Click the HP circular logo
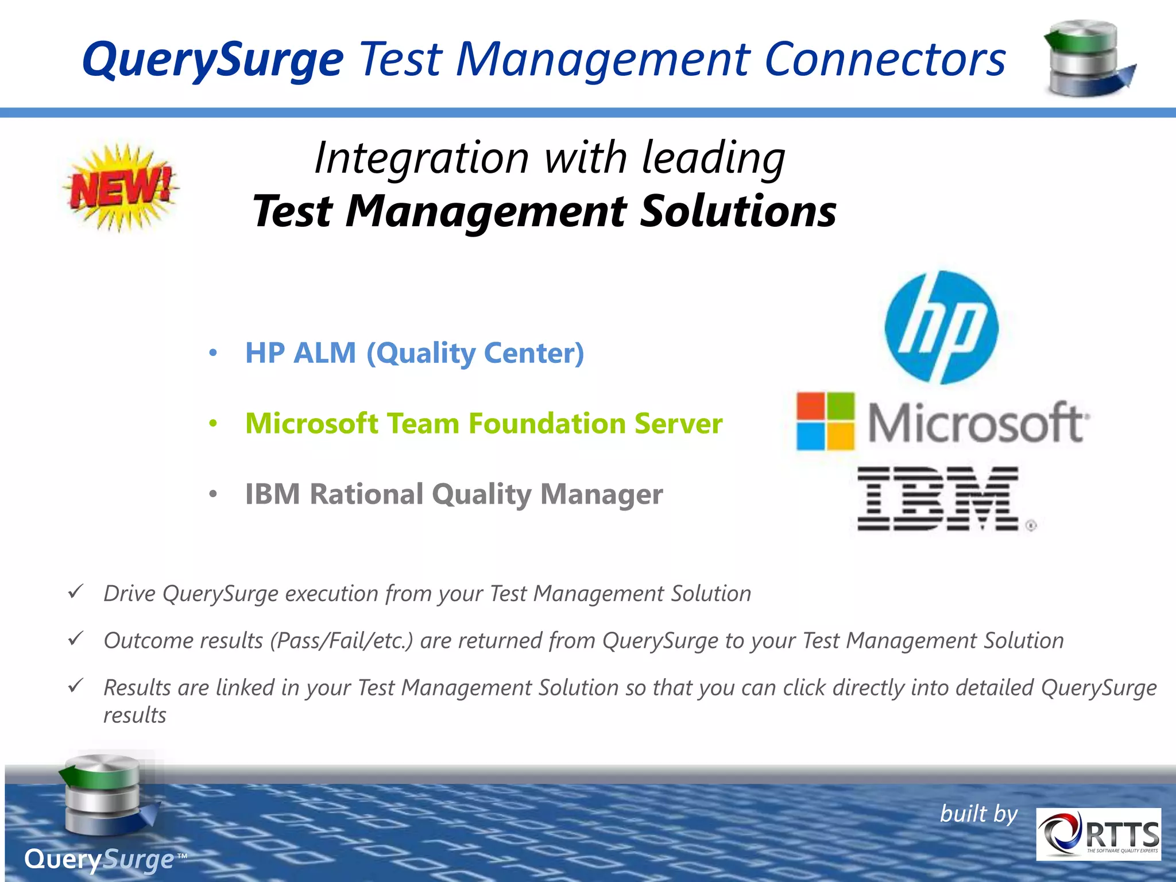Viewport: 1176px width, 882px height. pyautogui.click(x=941, y=327)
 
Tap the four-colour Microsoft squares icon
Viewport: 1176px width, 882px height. pyautogui.click(x=825, y=421)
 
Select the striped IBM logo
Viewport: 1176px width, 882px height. pyautogui.click(x=939, y=498)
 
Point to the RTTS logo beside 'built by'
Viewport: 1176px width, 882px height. pyautogui.click(x=1098, y=834)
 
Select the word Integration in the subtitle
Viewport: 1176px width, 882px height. pyautogui.click(x=421, y=158)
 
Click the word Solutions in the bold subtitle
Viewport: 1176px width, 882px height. pyautogui.click(x=737, y=211)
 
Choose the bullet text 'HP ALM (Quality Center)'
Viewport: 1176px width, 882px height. pyautogui.click(x=414, y=353)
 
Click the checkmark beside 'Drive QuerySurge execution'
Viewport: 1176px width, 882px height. pyautogui.click(x=76, y=591)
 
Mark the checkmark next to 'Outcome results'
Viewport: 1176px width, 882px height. pyautogui.click(x=76, y=638)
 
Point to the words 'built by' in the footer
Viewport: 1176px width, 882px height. pyautogui.click(x=978, y=814)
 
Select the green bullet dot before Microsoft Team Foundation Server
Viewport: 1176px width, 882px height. pyautogui.click(x=213, y=424)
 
